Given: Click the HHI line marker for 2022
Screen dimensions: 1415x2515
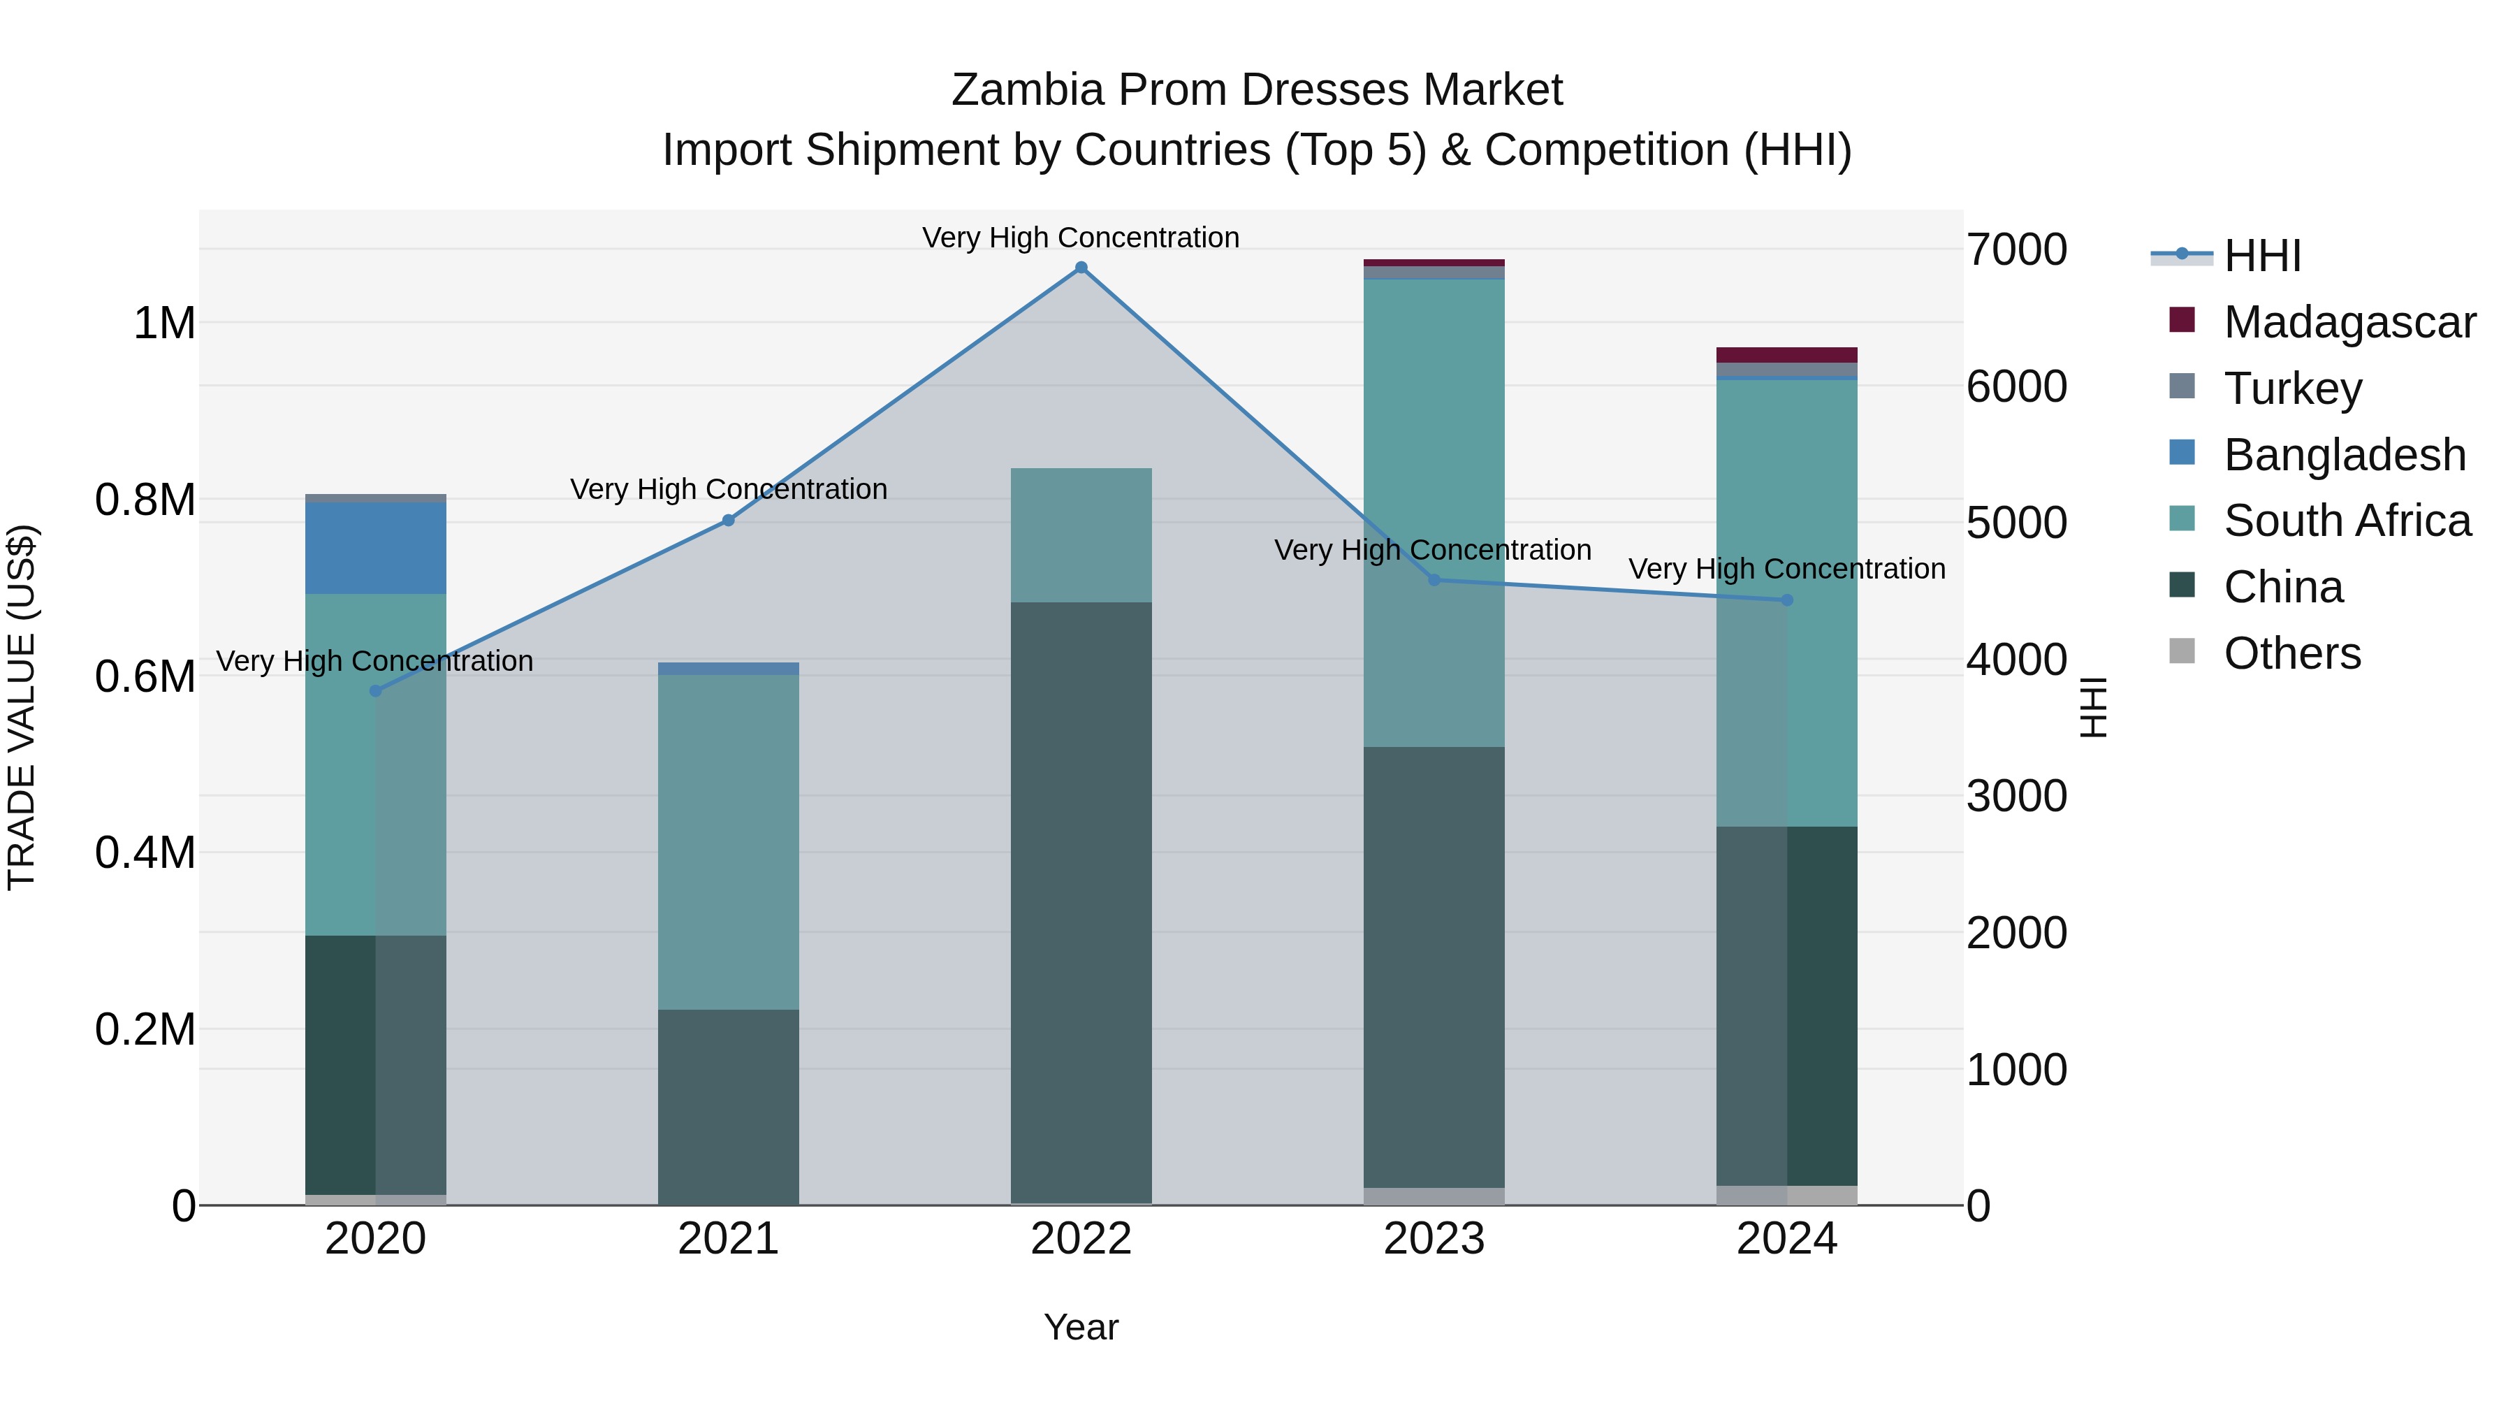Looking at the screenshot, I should (1081, 268).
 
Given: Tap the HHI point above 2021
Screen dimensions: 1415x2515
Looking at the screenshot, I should (729, 521).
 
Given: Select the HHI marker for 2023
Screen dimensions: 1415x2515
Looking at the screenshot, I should (1434, 580).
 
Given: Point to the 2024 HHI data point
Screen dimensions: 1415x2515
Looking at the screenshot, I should (1786, 600).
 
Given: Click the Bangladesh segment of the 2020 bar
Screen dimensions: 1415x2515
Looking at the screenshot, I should (376, 548).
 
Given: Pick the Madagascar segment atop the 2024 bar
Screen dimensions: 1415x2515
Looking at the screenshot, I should (1786, 354).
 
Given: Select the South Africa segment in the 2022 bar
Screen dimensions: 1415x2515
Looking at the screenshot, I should (1081, 535).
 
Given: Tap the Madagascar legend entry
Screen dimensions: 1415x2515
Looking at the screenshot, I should (2349, 322).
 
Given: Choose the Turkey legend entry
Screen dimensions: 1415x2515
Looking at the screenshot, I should (2291, 389).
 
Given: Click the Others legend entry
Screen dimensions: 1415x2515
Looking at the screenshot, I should (2291, 653).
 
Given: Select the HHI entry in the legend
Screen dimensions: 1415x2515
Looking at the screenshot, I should (2261, 256).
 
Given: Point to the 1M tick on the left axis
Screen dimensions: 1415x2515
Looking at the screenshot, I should (164, 324).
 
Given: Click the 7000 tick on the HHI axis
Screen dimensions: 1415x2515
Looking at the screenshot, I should (2016, 250).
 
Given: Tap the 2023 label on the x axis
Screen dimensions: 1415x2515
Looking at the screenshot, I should (1434, 1239).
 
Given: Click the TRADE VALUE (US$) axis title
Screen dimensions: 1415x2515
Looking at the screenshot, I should (22, 707).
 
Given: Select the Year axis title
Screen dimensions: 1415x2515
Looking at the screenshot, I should (1081, 1327).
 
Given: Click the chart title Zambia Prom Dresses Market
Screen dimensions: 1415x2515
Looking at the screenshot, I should (1257, 90).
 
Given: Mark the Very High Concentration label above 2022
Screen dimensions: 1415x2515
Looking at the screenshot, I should (1081, 238).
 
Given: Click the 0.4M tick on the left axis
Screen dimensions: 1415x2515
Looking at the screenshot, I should (145, 852).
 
